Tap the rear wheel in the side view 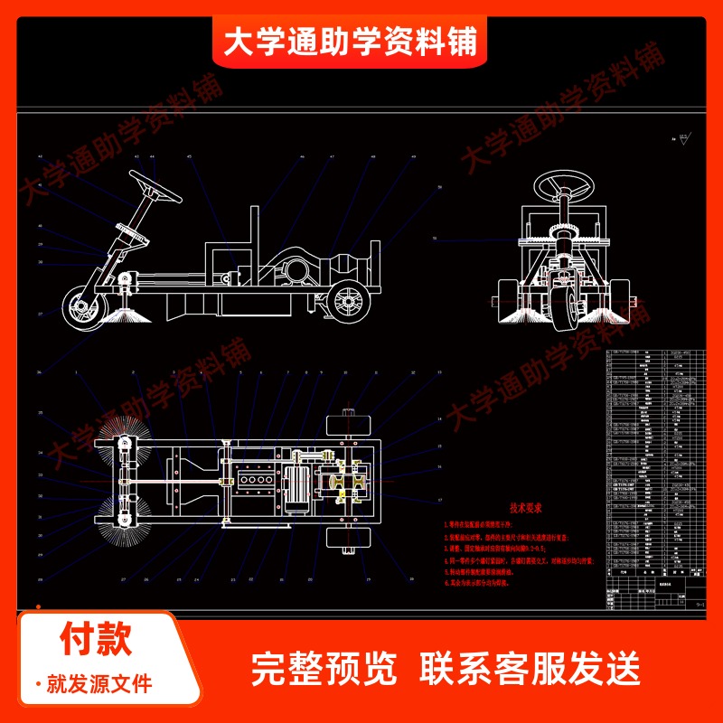tap(346, 303)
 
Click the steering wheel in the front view tap(564, 187)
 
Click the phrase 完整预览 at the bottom tap(323, 669)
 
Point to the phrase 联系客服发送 tap(531, 669)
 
